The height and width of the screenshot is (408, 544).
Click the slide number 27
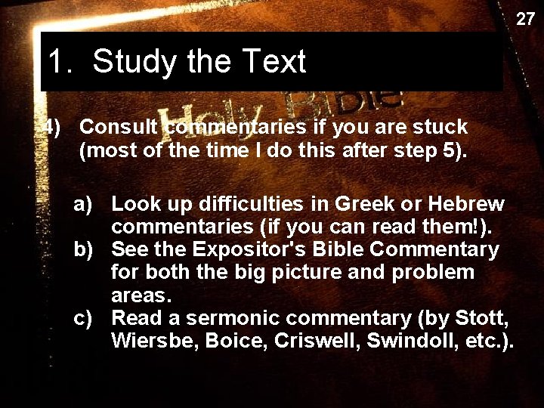point(525,19)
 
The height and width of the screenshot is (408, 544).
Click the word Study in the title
point(135,61)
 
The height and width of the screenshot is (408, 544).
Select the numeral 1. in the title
point(60,61)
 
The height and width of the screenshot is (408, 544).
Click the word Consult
point(119,127)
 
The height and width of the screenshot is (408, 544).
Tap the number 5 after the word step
point(450,150)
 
